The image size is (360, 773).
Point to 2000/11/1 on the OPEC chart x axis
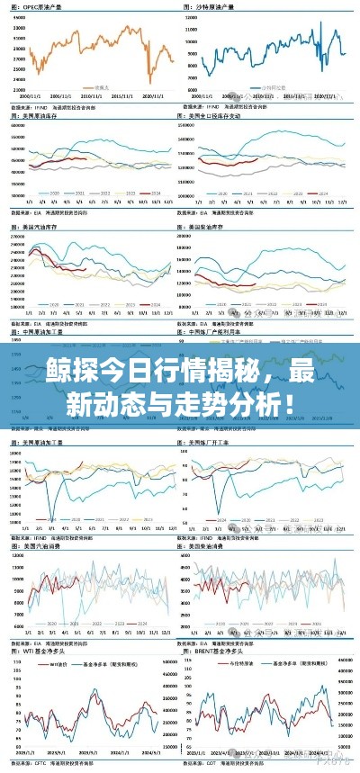tap(31, 95)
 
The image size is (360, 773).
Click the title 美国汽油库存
tap(41, 228)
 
